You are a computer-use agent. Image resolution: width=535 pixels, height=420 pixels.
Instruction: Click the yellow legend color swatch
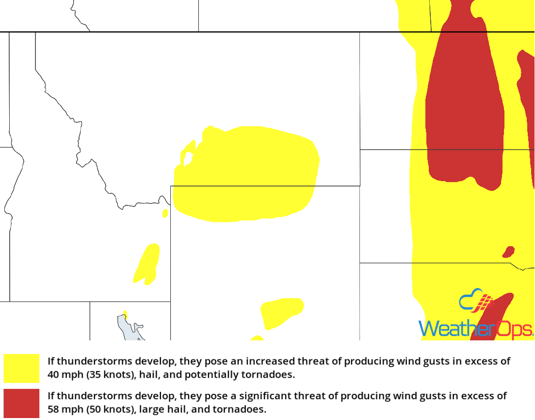pyautogui.click(x=21, y=368)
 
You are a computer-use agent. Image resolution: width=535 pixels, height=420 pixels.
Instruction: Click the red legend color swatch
pyautogui.click(x=21, y=403)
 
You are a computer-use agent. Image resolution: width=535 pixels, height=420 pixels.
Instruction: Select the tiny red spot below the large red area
pyautogui.click(x=508, y=252)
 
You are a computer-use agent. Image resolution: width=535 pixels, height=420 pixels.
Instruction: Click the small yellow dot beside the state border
pyautogui.click(x=165, y=213)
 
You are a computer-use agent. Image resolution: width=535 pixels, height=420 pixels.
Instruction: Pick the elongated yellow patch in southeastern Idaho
pyautogui.click(x=146, y=264)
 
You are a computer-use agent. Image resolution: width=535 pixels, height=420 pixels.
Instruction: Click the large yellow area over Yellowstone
pyautogui.click(x=247, y=175)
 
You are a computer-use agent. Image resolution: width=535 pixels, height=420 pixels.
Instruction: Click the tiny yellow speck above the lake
pyautogui.click(x=125, y=314)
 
